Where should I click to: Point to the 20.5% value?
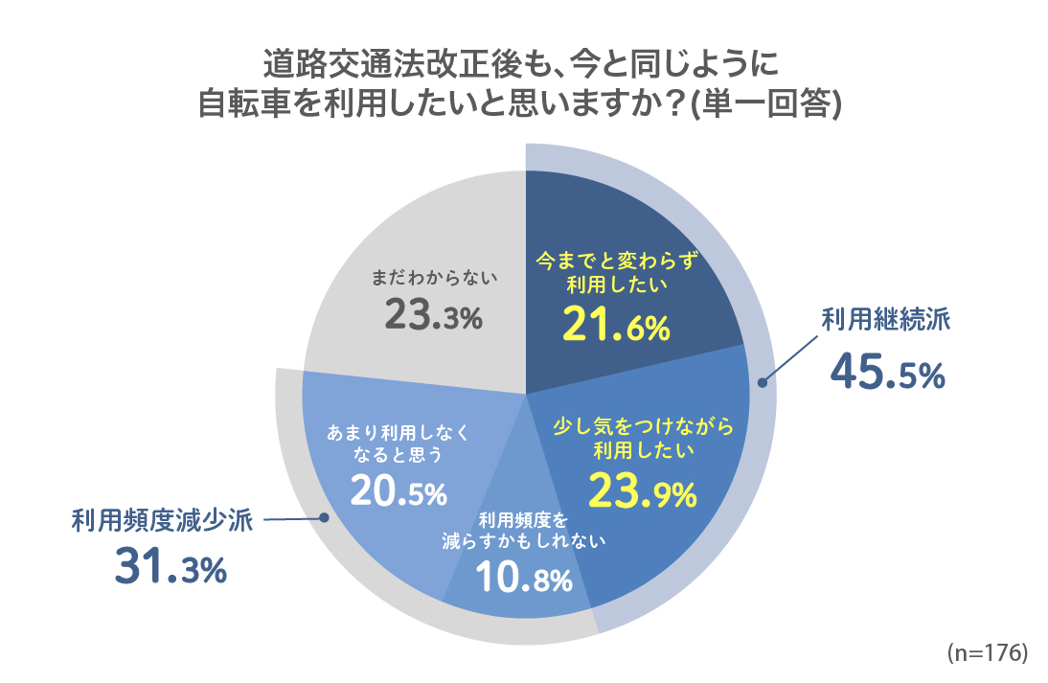pos(399,491)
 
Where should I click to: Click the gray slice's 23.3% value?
pos(433,315)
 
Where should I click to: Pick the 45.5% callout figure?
pos(887,374)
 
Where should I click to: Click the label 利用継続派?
pos(886,320)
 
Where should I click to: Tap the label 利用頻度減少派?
pos(161,520)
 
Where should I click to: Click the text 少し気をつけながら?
pos(641,425)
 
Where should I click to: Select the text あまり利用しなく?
pos(399,432)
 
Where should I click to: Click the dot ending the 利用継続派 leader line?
pos(763,383)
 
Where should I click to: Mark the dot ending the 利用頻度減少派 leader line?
pos(323,518)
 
